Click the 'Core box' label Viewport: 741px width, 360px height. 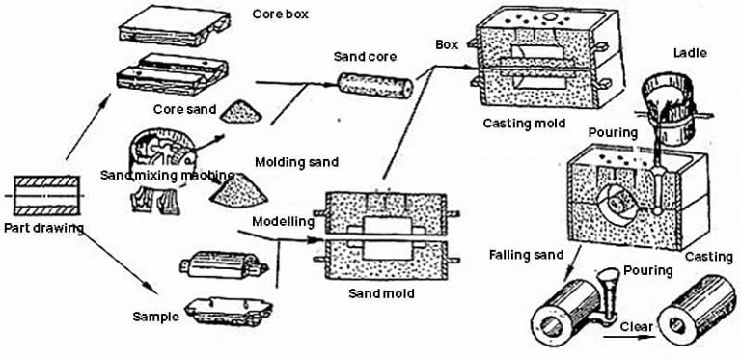(x=281, y=14)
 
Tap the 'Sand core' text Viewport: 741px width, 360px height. (x=365, y=57)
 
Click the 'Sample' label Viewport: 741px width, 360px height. (x=156, y=315)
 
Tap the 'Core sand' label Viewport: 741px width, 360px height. (x=187, y=110)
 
